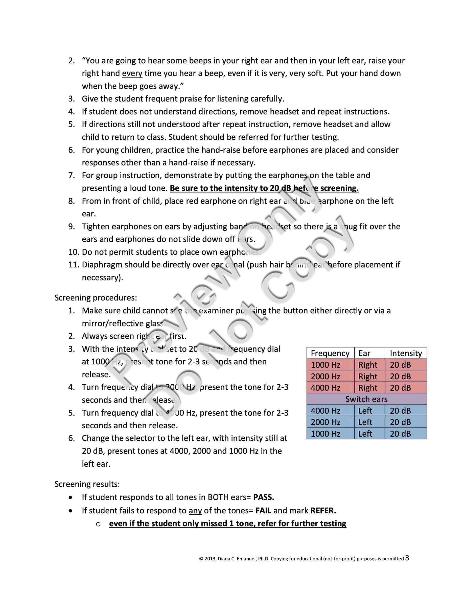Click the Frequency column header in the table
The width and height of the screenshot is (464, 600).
[330, 353]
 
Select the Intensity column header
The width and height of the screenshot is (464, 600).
[406, 353]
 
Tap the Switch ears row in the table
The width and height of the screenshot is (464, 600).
[366, 399]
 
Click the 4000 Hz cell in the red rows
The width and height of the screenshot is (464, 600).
[326, 388]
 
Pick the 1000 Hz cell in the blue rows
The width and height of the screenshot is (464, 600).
[326, 434]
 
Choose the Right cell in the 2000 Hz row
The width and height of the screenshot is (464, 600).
[368, 376]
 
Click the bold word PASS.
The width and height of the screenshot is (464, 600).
[263, 497]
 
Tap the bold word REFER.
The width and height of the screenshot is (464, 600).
[323, 511]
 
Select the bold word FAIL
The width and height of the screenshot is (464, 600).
[263, 511]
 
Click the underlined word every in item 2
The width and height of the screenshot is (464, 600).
[132, 73]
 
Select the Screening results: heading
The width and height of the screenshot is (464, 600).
[87, 484]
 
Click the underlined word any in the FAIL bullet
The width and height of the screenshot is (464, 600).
[195, 511]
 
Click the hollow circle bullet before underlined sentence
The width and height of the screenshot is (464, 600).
[98, 524]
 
